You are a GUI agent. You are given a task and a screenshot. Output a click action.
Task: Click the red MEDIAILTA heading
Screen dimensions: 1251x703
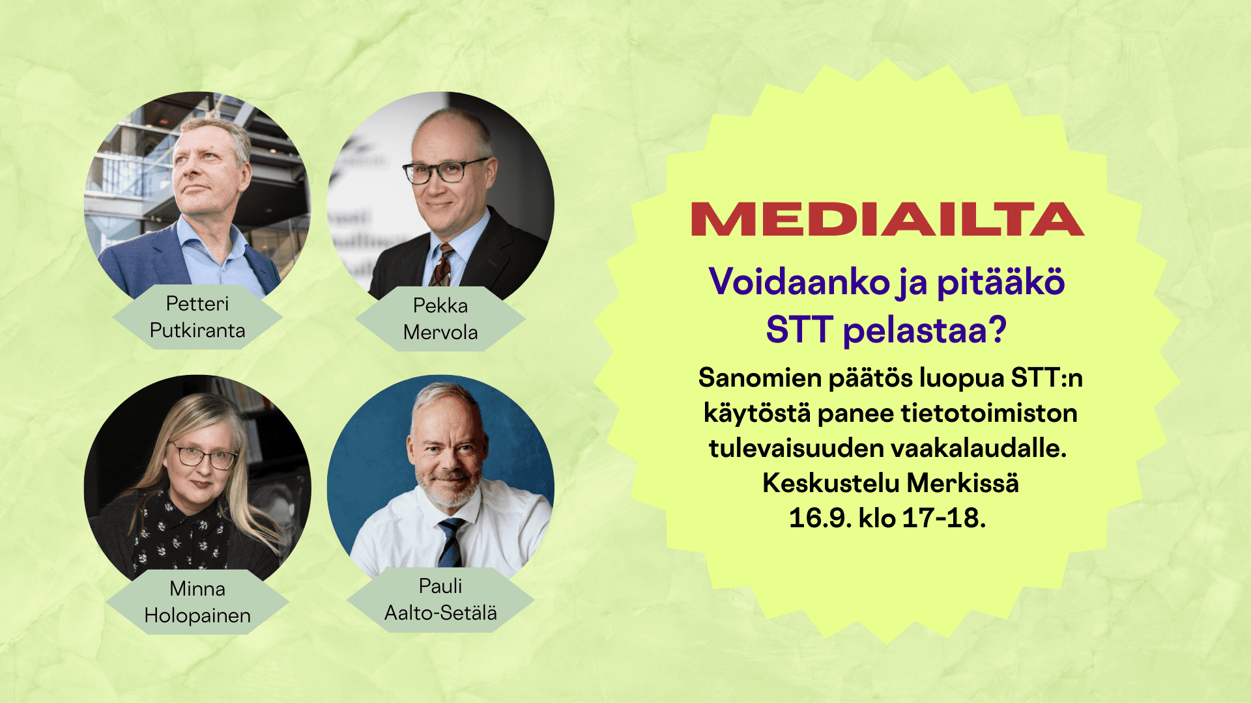pos(887,219)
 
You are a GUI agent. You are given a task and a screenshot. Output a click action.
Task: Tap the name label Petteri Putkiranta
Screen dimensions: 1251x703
pos(197,317)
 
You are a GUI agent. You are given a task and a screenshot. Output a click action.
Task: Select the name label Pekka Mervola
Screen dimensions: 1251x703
pos(440,319)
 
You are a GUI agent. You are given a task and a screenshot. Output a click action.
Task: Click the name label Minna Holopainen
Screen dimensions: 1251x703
pos(197,602)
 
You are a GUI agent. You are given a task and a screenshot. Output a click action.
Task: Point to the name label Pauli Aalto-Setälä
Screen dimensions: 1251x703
pos(440,600)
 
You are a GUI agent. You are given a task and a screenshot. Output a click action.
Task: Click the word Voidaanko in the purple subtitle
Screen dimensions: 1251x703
pos(799,283)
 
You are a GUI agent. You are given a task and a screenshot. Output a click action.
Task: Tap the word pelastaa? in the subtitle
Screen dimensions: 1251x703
pos(925,330)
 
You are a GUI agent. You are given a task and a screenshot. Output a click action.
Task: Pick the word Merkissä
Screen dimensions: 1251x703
pos(963,483)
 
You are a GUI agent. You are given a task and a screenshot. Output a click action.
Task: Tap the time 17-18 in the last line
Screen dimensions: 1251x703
pos(941,519)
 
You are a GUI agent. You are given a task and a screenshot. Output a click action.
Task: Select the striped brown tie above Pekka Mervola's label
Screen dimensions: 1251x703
pos(442,266)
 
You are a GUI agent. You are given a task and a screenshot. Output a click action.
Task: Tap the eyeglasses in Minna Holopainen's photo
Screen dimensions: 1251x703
pos(203,456)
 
